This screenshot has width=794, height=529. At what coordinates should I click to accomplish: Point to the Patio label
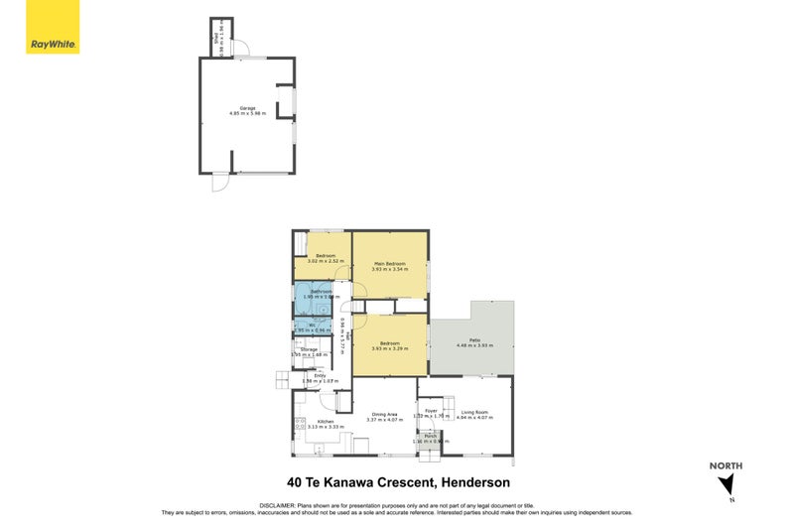tap(474, 341)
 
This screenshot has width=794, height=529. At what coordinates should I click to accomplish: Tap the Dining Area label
tap(384, 414)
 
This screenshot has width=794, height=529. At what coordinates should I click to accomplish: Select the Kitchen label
tap(325, 422)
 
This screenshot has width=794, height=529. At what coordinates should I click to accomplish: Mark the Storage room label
tap(309, 350)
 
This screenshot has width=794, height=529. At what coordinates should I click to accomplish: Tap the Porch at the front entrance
tap(430, 438)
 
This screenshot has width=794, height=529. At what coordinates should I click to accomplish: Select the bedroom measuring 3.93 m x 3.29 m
tap(389, 344)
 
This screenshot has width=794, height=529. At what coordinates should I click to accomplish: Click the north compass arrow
tap(728, 484)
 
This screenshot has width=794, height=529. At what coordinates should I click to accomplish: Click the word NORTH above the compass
tap(726, 465)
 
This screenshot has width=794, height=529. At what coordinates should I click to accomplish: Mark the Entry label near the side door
tap(320, 376)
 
